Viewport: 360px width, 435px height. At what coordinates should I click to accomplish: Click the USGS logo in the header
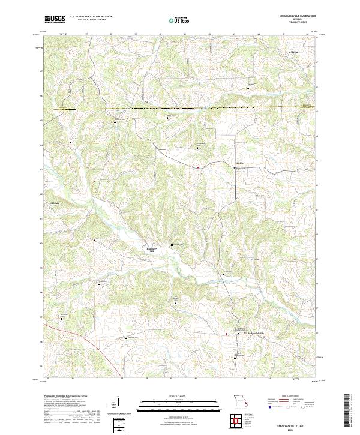point(55,19)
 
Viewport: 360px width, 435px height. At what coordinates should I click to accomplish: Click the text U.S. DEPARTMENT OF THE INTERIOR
point(91,17)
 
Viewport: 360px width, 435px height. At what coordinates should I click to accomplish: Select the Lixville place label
point(239,163)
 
